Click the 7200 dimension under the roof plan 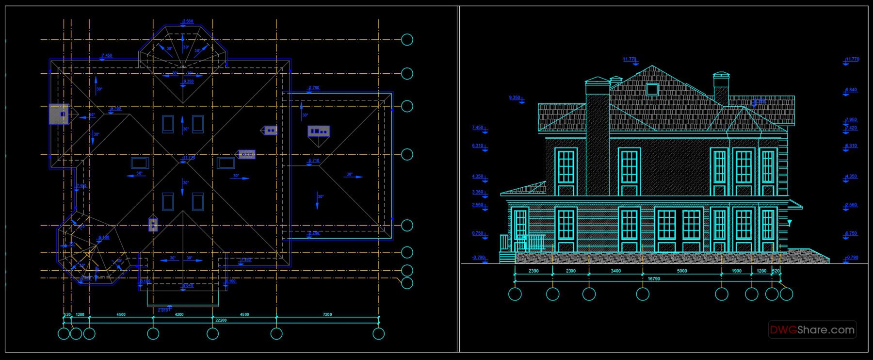pos(327,314)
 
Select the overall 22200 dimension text pos(221,320)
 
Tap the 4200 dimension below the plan pos(179,314)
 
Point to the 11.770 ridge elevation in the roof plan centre pos(188,158)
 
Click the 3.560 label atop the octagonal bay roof pos(188,21)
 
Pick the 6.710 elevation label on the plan pos(314,161)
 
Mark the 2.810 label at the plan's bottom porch pos(163,310)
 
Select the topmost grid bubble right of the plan pos(407,40)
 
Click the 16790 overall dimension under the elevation pos(654,279)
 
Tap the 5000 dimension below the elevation pos(682,271)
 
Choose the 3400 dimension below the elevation pos(615,271)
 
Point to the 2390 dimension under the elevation pos(533,271)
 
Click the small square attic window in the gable pos(652,89)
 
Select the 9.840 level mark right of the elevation pos(851,90)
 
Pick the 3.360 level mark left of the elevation pos(478,193)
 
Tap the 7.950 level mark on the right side pos(851,120)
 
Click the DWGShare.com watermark pos(812,330)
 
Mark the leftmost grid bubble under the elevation pos(515,294)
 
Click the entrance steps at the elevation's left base pos(507,257)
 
